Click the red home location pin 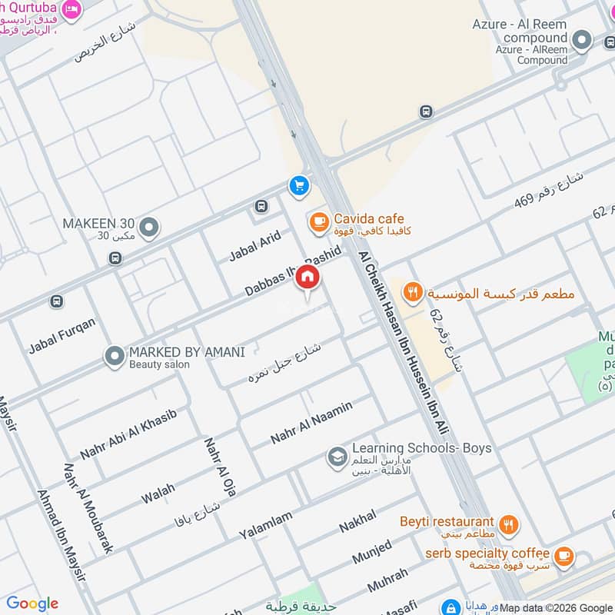[x=307, y=278]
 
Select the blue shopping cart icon [x=298, y=185]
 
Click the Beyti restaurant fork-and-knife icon [x=507, y=526]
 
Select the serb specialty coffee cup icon [x=563, y=556]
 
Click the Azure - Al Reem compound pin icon [x=583, y=40]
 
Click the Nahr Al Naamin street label [x=311, y=423]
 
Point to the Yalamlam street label [x=265, y=526]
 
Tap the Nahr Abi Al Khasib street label [x=128, y=435]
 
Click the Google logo [x=32, y=603]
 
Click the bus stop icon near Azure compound [x=426, y=111]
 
